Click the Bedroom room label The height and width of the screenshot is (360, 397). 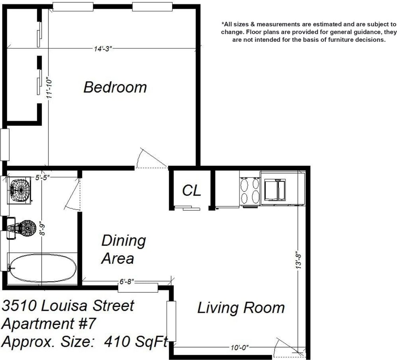(115, 87)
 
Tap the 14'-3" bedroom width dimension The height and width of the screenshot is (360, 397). (103, 49)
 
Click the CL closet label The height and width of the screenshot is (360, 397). (192, 190)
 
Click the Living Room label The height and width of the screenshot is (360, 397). (241, 308)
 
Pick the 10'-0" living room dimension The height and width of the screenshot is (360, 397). (240, 347)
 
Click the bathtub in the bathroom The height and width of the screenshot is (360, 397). (42, 267)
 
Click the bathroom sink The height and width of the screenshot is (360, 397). (20, 190)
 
